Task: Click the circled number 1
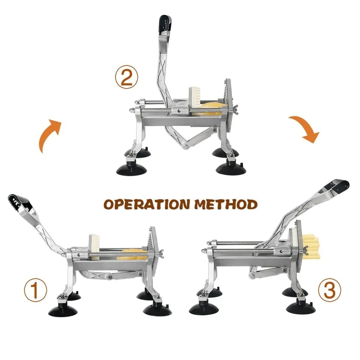(x=35, y=290)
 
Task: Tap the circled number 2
(x=126, y=78)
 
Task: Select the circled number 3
(x=330, y=290)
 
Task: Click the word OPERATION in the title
(x=147, y=204)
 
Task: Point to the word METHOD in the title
(x=226, y=204)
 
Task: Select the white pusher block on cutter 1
(x=94, y=247)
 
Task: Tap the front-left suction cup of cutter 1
(x=63, y=310)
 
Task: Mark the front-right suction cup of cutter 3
(x=301, y=306)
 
